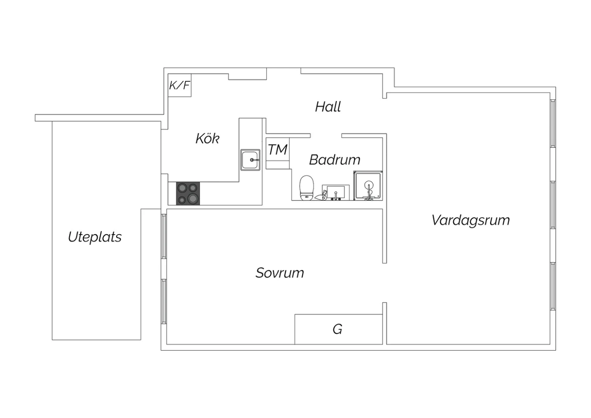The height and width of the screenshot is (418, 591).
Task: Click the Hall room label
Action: (328, 107)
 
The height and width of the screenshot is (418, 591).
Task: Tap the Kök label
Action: (207, 138)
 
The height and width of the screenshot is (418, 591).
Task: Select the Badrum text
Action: (335, 159)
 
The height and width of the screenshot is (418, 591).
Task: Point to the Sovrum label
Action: (280, 272)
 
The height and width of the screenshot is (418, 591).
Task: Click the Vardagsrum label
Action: (471, 220)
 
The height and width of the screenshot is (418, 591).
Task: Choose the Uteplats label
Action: (95, 237)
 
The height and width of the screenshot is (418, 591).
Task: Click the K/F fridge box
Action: (180, 85)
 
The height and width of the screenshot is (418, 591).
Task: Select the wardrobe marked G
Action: (338, 329)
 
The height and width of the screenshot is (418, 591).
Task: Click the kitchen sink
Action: (250, 160)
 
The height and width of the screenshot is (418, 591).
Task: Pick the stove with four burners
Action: (188, 194)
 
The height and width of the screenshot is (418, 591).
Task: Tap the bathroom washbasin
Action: (336, 192)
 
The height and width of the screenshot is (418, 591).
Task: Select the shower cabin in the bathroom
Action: (368, 186)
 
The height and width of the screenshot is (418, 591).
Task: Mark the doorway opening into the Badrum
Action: (326, 136)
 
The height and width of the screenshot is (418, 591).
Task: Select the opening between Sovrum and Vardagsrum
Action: (385, 283)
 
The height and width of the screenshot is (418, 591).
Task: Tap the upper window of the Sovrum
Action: (164, 237)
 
